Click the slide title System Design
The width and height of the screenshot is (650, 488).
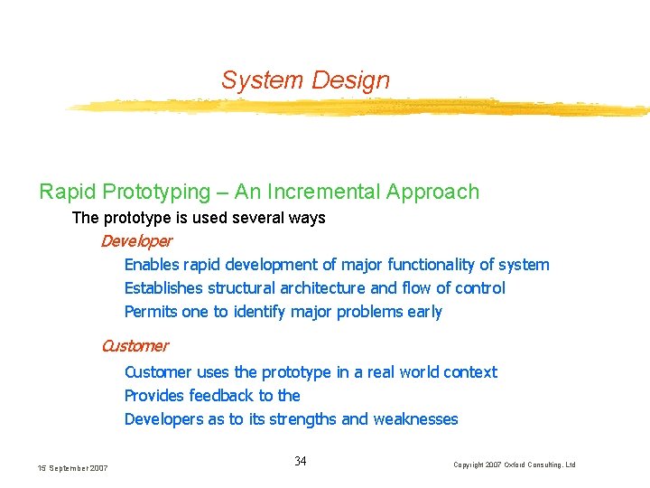(305, 80)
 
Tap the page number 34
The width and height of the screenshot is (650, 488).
(301, 462)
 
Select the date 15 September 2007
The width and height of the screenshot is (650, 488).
(72, 467)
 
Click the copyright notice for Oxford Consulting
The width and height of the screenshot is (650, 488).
(514, 465)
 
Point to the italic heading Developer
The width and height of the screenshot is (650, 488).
(135, 241)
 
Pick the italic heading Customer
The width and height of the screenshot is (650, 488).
(134, 345)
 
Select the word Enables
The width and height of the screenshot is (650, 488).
(152, 265)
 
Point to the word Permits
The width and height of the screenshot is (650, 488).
(151, 312)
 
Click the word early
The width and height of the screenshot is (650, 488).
(424, 312)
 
